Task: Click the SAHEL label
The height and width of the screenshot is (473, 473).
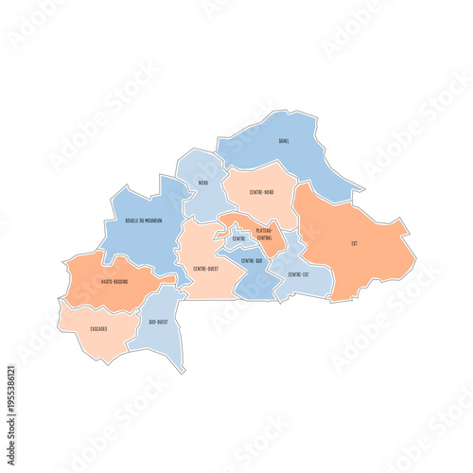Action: (x=284, y=141)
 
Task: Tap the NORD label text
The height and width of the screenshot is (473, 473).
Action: (x=202, y=183)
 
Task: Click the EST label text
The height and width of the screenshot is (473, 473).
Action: (x=354, y=244)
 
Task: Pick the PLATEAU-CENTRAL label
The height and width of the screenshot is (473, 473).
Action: (x=264, y=235)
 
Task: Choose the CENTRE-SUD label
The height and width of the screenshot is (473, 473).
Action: (x=252, y=260)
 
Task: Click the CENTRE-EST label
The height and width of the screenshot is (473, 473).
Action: (x=299, y=274)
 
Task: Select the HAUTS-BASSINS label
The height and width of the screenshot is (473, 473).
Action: (x=114, y=281)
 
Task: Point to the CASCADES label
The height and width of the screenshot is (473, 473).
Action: (x=98, y=328)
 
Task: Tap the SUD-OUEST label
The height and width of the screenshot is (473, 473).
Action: (x=158, y=323)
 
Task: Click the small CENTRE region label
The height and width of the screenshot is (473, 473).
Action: (x=238, y=239)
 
